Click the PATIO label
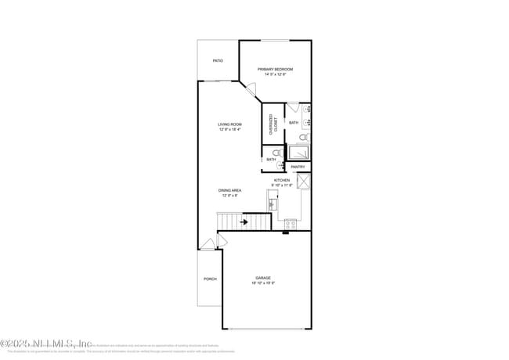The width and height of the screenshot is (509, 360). point(218,60)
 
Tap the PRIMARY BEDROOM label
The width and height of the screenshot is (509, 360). point(275,70)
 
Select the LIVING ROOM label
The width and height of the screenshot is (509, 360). point(229,124)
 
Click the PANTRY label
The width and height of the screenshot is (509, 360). point(298,167)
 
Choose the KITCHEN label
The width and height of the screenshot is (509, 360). point(282,180)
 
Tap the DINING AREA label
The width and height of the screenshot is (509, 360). point(229,190)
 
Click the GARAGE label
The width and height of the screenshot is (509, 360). point(263,278)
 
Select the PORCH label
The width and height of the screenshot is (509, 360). point(210,279)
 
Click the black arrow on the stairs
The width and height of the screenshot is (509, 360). point(244,222)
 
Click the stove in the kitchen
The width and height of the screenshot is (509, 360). point(290,224)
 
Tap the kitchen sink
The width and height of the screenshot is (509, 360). point(272,204)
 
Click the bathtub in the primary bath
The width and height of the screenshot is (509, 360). point(298,153)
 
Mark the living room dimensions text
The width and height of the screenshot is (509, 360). point(229,130)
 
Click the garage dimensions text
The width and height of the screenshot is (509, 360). point(263,283)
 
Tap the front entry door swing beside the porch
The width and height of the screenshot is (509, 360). point(208,243)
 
